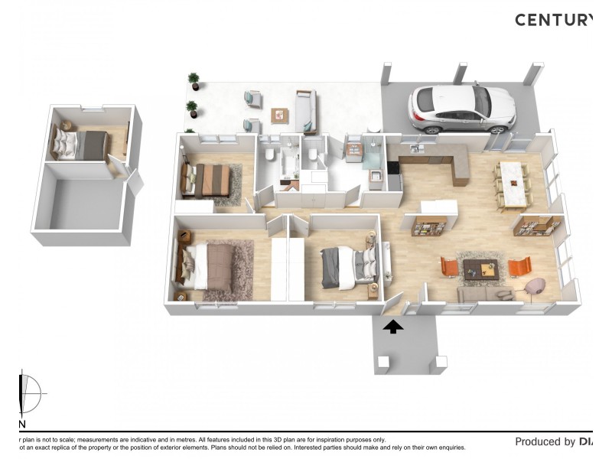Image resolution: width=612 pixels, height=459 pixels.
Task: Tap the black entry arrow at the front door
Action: pos(393,327)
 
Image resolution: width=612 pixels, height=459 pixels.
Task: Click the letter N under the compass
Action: pos(21,424)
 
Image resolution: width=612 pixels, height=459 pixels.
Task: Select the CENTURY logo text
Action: pos(553,20)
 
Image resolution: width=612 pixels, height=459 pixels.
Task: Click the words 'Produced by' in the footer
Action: pos(545,441)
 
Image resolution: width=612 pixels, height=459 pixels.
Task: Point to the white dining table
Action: pos(513,184)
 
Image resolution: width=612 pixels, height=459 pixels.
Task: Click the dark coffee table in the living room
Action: pos(480,269)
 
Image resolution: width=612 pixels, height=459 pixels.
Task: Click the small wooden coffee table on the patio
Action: pos(280,116)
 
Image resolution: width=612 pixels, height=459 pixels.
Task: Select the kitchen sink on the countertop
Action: pos(415,148)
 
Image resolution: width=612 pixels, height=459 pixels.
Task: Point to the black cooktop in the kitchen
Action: pos(392,167)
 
